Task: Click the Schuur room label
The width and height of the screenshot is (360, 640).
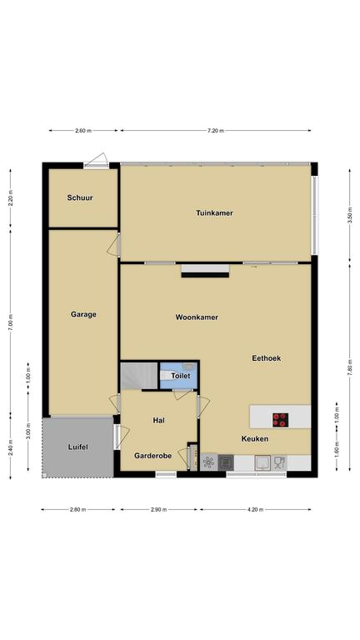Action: point(80,197)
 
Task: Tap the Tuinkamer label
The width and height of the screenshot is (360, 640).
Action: point(214,212)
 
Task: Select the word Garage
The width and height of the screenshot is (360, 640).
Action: point(83,314)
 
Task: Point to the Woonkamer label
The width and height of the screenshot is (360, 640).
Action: point(197,317)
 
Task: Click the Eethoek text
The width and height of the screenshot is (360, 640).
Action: point(266,358)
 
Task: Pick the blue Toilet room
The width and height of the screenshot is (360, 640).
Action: point(179,375)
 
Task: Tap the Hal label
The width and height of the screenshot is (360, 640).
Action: point(159,420)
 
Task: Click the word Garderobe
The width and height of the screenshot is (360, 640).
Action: point(153,456)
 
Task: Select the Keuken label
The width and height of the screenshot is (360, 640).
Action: point(255,439)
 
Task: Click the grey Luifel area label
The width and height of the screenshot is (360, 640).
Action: point(78,447)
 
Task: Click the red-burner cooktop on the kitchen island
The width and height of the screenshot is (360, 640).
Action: point(280,420)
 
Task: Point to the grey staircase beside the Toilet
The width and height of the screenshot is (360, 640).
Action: point(139,376)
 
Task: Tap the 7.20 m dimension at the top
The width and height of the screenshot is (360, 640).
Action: point(216,131)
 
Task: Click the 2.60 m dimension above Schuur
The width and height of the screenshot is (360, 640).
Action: point(83,131)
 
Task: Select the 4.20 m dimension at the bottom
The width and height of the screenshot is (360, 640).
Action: point(255,509)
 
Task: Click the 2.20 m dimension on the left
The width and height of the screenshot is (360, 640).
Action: point(11,198)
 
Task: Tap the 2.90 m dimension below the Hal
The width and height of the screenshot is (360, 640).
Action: point(159,509)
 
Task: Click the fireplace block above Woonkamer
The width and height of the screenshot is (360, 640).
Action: point(205,271)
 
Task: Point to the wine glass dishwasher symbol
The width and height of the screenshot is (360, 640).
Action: point(280,462)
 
